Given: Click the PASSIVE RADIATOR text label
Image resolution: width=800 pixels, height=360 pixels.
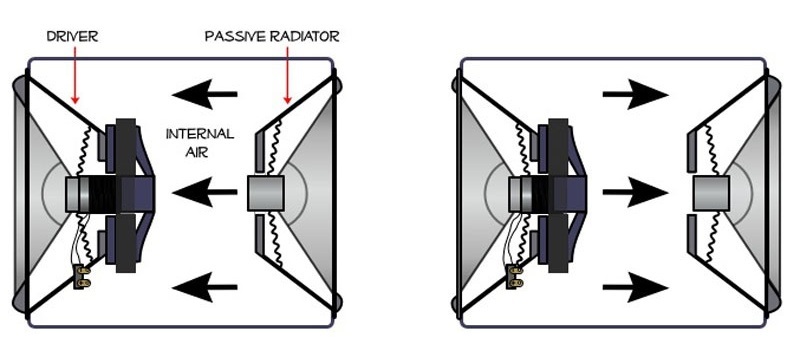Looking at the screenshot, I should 272,36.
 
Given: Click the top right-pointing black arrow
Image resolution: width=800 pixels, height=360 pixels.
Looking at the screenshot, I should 634,96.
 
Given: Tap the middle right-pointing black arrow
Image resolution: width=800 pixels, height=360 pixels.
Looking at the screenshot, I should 634,190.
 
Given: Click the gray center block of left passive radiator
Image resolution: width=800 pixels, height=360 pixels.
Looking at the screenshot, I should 264,190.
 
